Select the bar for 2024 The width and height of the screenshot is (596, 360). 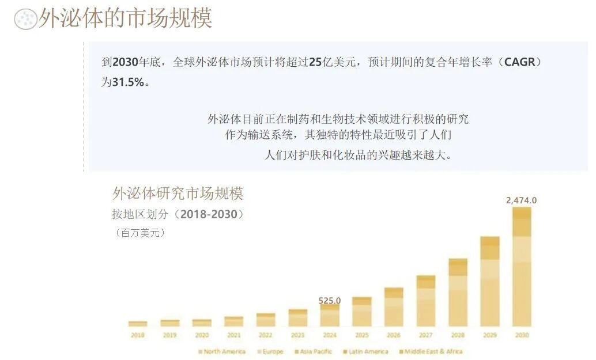tap(330, 316)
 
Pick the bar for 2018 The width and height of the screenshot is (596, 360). tap(138, 324)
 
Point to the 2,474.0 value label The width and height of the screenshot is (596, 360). tap(521, 200)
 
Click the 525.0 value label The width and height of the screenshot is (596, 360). tap(330, 300)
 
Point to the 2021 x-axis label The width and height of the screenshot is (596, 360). tap(233, 335)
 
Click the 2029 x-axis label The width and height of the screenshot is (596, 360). tap(490, 335)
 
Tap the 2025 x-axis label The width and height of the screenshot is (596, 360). tap(361, 335)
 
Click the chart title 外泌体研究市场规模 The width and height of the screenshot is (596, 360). tap(178, 193)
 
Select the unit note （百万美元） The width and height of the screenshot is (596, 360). tap(140, 233)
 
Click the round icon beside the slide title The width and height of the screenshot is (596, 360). tap(24, 19)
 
